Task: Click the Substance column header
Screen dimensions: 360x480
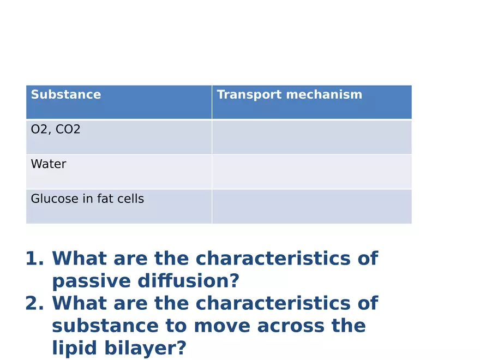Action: pyautogui.click(x=66, y=95)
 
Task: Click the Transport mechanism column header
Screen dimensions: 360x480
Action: pyautogui.click(x=289, y=95)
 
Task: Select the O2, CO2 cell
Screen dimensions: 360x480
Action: pyautogui.click(x=56, y=130)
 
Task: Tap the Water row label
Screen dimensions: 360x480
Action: pyautogui.click(x=49, y=164)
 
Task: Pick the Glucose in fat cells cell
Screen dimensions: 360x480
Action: pyautogui.click(x=87, y=199)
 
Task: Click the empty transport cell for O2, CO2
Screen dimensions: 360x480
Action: pyautogui.click(x=311, y=137)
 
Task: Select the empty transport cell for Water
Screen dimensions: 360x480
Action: pyautogui.click(x=311, y=171)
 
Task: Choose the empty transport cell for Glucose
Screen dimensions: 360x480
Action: pyautogui.click(x=311, y=206)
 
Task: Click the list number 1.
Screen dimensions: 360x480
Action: pyautogui.click(x=34, y=259)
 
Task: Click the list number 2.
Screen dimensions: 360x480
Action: pyautogui.click(x=34, y=304)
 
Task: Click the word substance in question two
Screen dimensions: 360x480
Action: pyautogui.click(x=104, y=326)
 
